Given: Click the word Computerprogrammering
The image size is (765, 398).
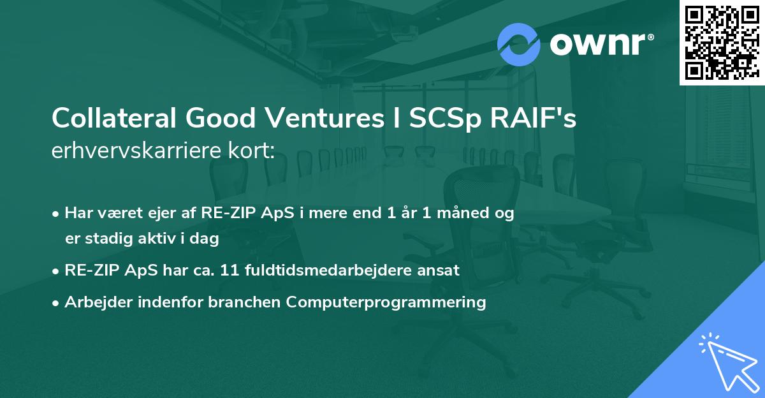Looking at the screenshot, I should pyautogui.click(x=386, y=302).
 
